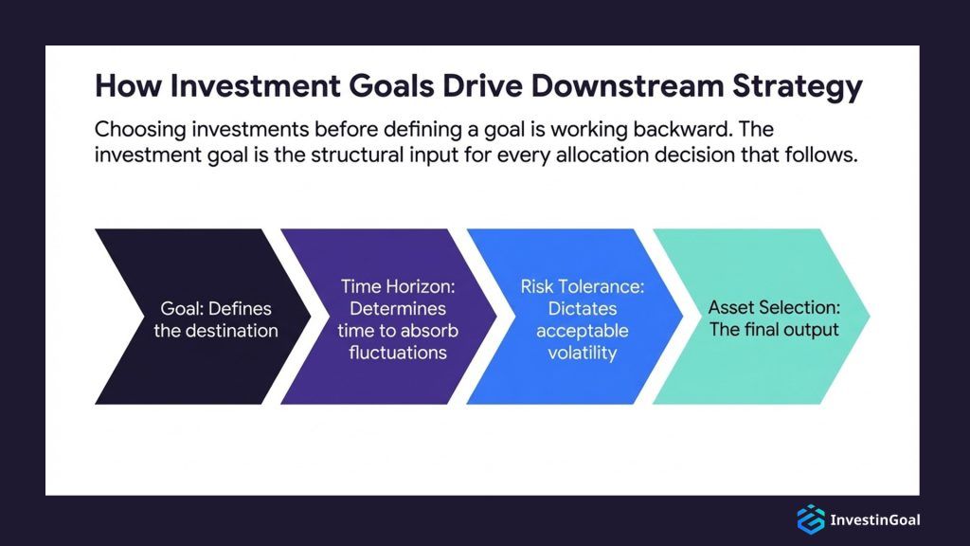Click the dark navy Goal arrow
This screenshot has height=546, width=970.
point(189,317)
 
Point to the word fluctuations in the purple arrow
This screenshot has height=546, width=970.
point(391,352)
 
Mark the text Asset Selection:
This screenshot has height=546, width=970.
point(774,308)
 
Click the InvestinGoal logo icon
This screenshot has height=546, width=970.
point(810,519)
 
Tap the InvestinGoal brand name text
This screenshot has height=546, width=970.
point(874,519)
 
